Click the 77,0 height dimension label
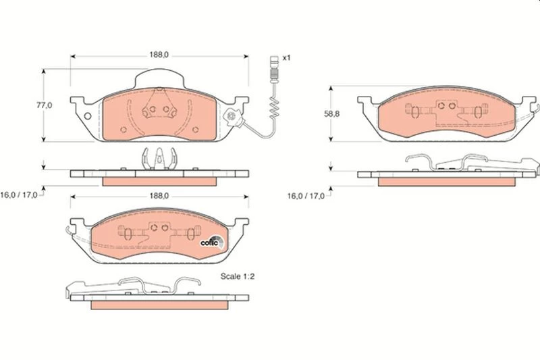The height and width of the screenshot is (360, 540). [45, 105]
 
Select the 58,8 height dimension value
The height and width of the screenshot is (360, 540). [331, 113]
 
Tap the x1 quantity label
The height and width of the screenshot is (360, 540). [286, 58]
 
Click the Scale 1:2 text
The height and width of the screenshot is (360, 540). [238, 276]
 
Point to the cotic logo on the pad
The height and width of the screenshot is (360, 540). [212, 242]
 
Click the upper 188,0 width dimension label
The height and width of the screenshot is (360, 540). [159, 55]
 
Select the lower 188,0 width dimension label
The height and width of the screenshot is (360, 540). [159, 196]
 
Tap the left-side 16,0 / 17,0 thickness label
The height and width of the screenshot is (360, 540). [19, 195]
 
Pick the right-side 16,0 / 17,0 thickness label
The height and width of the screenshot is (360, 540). [306, 196]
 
